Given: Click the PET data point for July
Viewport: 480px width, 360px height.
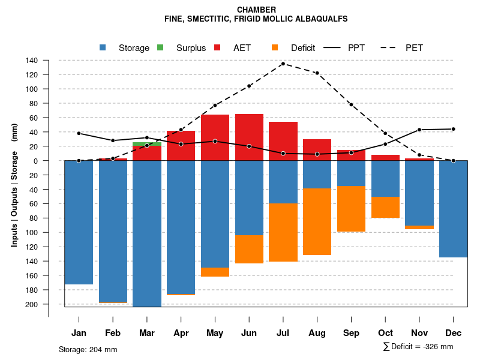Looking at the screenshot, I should tap(283, 64).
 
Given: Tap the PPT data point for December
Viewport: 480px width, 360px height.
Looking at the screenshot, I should tap(454, 129).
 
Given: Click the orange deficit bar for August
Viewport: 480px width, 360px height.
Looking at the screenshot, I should tap(317, 221).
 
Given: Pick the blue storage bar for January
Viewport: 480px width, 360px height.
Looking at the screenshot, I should tap(79, 222).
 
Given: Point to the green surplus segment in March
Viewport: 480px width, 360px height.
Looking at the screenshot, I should tap(147, 144).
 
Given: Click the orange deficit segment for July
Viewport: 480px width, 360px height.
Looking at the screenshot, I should tap(283, 232).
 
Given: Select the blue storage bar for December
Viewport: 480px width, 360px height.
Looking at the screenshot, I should tap(454, 209).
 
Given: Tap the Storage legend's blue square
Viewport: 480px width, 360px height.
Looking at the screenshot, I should tap(103, 47).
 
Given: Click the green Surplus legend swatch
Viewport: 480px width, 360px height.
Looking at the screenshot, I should tap(160, 47).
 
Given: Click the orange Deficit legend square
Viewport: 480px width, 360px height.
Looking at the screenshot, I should tap(275, 47).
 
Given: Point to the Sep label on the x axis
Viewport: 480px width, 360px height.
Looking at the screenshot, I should tap(351, 333).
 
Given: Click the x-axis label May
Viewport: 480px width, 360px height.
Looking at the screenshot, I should tap(215, 333).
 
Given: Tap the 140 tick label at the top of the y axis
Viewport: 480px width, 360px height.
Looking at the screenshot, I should tap(32, 61).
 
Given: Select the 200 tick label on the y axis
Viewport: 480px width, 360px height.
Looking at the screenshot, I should tap(32, 304).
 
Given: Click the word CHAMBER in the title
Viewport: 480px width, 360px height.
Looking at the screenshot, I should tap(256, 10).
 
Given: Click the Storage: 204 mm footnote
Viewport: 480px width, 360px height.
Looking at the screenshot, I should tap(88, 349).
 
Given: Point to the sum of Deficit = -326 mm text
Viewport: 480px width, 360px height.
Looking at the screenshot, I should tap(418, 347).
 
